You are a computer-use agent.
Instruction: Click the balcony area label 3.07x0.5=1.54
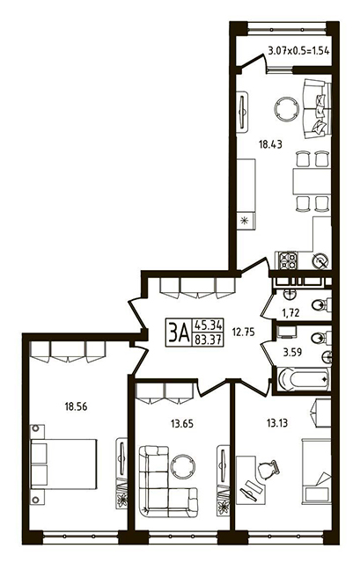pyautogui.click(x=299, y=51)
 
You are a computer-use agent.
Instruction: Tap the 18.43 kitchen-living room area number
pyautogui.click(x=270, y=144)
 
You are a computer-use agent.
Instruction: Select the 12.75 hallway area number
pyautogui.click(x=243, y=333)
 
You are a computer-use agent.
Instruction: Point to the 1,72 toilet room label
pyautogui.click(x=290, y=313)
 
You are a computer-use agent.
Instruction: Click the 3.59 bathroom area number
pyautogui.click(x=292, y=352)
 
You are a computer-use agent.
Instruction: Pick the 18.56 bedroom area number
pyautogui.click(x=76, y=406)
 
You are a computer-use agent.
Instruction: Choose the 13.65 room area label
pyautogui.click(x=182, y=424)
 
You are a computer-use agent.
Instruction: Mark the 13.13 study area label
pyautogui.click(x=276, y=423)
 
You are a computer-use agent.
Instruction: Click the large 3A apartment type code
pyautogui.click(x=179, y=333)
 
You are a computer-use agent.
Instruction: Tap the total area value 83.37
pyautogui.click(x=209, y=340)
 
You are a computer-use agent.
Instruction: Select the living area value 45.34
pyautogui.click(x=209, y=325)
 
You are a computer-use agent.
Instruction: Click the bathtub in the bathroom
pyautogui.click(x=304, y=379)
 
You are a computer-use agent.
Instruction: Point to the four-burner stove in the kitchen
pyautogui.click(x=289, y=260)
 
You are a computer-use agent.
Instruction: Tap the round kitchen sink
pyautogui.click(x=320, y=260)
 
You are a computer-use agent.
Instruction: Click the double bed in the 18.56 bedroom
pyautogui.click(x=63, y=464)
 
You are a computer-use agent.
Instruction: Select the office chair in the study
pyautogui.click(x=268, y=470)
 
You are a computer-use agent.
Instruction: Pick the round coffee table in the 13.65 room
pyautogui.click(x=183, y=466)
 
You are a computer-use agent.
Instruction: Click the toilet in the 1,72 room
pyautogui.click(x=321, y=305)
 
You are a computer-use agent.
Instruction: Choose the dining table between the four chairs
pyautogui.click(x=312, y=181)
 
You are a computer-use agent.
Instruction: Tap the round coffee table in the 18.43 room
pyautogui.click(x=286, y=108)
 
